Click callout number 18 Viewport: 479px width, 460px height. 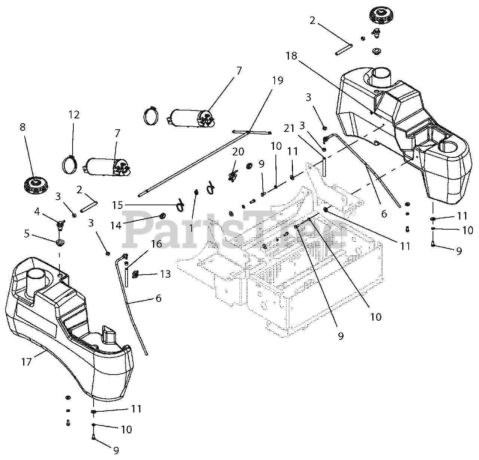click(x=291, y=56)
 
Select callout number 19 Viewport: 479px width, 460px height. click(x=278, y=81)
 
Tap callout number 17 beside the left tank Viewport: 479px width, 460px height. click(x=27, y=363)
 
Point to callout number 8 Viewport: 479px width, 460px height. click(x=22, y=127)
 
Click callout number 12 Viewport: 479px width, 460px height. click(x=74, y=115)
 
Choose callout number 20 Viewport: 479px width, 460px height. click(x=238, y=152)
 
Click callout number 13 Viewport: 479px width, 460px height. click(x=165, y=274)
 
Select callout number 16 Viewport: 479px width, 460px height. click(x=156, y=244)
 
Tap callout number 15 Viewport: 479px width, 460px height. click(x=118, y=205)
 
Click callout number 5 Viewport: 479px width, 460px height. click(x=27, y=234)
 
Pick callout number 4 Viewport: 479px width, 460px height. click(x=37, y=212)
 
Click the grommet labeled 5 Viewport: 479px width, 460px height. click(x=60, y=243)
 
